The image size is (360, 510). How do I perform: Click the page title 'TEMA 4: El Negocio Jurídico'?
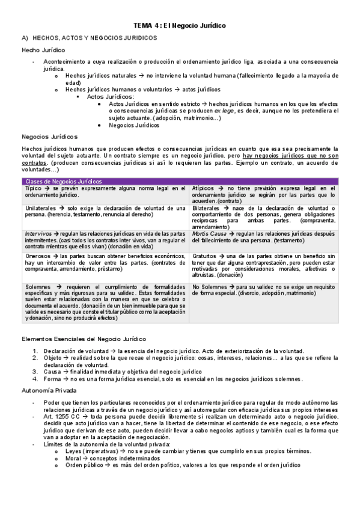coord(179,26)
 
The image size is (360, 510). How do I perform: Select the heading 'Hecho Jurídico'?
coord(43,49)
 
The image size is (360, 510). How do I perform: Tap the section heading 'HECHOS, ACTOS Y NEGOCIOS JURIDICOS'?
coord(94,37)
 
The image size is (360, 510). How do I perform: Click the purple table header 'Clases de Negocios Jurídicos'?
coord(63,181)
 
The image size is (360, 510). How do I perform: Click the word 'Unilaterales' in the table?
coord(40,207)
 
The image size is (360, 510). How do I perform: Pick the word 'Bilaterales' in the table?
coord(207,207)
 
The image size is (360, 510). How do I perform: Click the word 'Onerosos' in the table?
coord(37,256)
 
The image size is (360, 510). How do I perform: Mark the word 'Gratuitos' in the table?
coord(206,256)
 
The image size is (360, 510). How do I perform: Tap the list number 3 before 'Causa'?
coord(35,372)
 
